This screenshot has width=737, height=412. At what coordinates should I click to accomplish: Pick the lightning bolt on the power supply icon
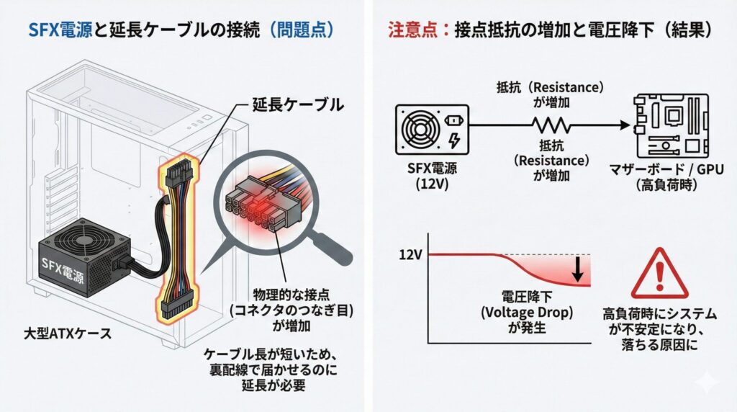click(x=453, y=138)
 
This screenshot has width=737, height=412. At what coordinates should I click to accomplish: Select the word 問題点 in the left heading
click(x=306, y=30)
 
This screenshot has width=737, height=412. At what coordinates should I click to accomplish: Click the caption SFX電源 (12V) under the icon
click(x=430, y=178)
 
